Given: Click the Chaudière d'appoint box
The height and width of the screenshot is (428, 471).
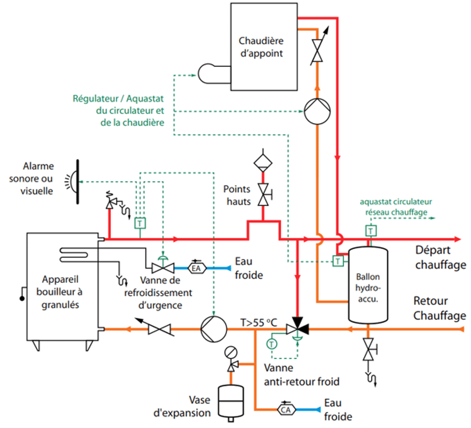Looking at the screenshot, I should pos(263,47).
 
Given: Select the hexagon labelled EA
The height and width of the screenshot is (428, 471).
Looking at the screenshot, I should pos(196,268).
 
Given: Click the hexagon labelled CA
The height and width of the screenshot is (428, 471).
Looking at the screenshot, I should pos(286,410).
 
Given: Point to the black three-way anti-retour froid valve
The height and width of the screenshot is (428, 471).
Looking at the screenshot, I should pos(297,328).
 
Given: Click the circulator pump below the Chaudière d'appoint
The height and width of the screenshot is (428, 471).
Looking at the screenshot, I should pos(317,111).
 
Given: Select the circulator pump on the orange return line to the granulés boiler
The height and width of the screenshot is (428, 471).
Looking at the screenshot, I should pos(214,329).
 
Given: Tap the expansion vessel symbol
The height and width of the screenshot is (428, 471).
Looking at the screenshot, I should pos(231,402).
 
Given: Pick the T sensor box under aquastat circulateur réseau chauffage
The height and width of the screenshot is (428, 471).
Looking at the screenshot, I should pos(371,231).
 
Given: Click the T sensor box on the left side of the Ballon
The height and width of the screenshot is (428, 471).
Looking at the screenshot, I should pos(338,261).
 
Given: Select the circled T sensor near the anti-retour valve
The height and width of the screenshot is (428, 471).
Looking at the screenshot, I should pos(272,344).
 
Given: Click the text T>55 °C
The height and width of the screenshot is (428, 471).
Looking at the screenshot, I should pos(258,323).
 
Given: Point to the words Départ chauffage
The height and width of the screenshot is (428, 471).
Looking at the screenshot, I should pos(440,257).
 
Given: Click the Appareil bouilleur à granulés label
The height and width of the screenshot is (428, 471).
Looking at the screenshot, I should pos(60,292).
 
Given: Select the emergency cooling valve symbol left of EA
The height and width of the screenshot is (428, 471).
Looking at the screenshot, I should pos(163,267).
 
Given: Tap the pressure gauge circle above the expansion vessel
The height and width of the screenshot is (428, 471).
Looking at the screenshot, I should pos(231,352).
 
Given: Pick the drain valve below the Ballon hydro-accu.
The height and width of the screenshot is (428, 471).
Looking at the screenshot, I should pos(368,349).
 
